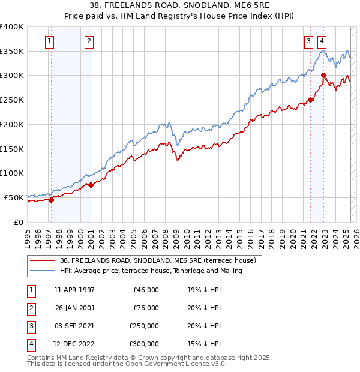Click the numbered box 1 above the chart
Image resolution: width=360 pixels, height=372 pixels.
click(x=49, y=41)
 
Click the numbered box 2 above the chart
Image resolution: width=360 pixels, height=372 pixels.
click(x=89, y=41)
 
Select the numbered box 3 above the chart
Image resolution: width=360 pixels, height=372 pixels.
click(x=308, y=41)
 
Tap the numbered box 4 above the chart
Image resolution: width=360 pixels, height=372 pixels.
click(x=322, y=41)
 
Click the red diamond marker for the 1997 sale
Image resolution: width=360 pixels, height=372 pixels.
click(x=51, y=200)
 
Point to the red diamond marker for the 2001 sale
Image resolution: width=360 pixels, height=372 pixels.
click(x=91, y=185)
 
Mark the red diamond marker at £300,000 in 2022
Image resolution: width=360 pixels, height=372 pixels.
click(x=323, y=76)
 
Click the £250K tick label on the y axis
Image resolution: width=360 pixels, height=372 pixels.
click(x=11, y=100)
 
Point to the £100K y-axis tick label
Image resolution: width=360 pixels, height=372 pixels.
click(x=11, y=173)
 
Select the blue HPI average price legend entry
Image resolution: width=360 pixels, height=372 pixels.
click(x=151, y=271)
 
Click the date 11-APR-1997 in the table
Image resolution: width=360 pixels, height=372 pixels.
click(x=74, y=290)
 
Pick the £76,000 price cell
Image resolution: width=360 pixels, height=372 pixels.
click(x=146, y=308)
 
